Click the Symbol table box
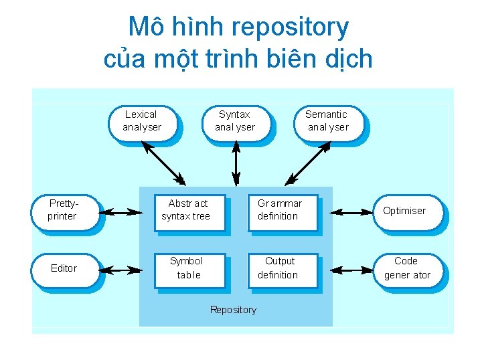tap(187, 268)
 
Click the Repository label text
tap(233, 310)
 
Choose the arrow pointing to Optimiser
tap(351, 213)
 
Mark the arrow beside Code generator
tap(351, 271)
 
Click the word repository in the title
tap(289, 28)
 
